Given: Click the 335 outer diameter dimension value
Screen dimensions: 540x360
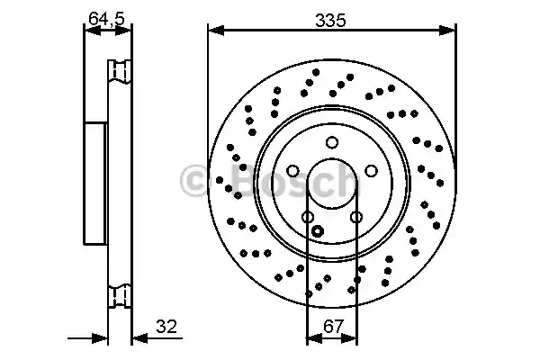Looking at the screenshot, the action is [330, 21].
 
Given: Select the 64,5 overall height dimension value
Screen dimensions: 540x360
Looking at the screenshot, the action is [106, 18].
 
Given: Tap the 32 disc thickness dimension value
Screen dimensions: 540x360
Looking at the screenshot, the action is [166, 326].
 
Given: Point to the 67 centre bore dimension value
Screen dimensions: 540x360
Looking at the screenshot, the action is [334, 326].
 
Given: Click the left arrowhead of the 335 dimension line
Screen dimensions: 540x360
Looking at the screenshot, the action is [216, 31].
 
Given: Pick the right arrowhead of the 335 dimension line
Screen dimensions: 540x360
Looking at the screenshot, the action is [447, 31].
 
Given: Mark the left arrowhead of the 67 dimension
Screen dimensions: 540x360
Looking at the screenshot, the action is [314, 338].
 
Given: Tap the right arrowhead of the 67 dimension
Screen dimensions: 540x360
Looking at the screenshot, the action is [349, 338].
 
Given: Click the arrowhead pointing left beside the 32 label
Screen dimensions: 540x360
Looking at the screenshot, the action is [140, 338].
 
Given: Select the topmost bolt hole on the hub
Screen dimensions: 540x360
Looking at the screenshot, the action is [332, 142].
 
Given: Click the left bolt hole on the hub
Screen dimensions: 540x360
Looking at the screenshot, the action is [292, 171].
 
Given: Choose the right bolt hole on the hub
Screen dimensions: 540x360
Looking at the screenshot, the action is [371, 171].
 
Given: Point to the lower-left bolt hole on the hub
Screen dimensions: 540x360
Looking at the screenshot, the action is [308, 217].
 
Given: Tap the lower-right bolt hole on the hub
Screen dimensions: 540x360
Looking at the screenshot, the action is [356, 217].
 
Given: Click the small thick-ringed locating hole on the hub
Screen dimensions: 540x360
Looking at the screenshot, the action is [317, 230].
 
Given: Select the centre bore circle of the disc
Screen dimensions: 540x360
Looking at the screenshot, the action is [332, 158].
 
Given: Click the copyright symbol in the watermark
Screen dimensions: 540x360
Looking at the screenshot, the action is [193, 181].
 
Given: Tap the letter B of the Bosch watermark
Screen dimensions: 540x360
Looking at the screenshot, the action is [244, 179].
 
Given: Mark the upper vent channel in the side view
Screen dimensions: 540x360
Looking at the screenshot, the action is [120, 71].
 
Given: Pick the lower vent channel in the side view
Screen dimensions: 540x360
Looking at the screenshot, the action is [120, 295].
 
